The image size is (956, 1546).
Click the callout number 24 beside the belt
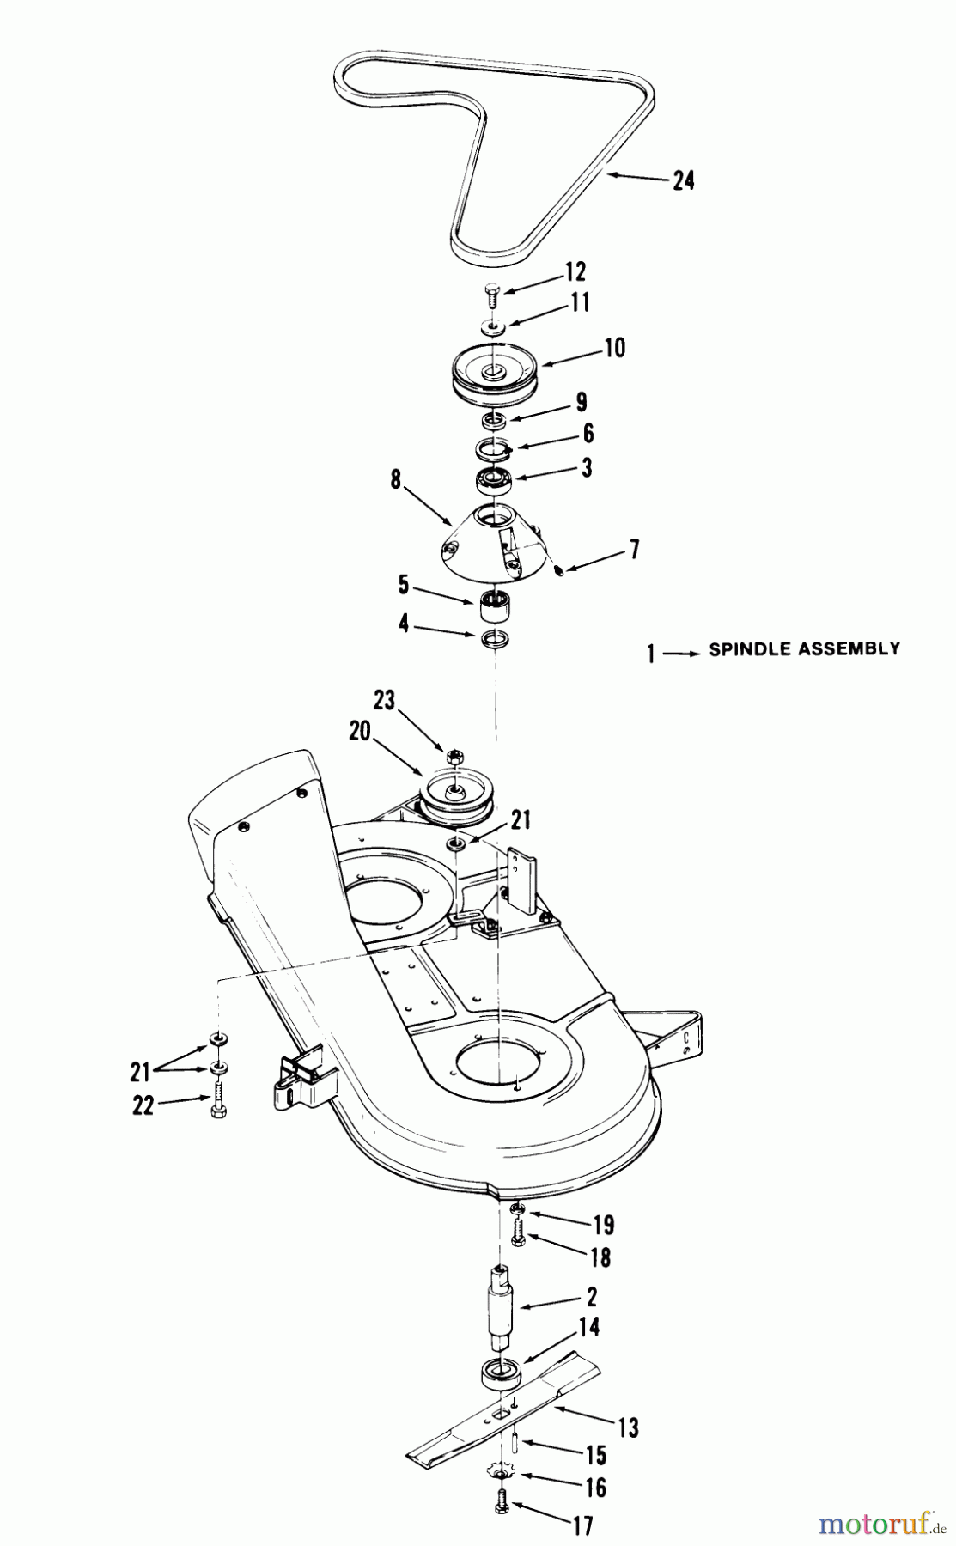click(x=683, y=181)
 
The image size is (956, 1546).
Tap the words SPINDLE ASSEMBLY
click(x=804, y=649)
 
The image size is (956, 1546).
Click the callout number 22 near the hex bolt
click(x=143, y=1105)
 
